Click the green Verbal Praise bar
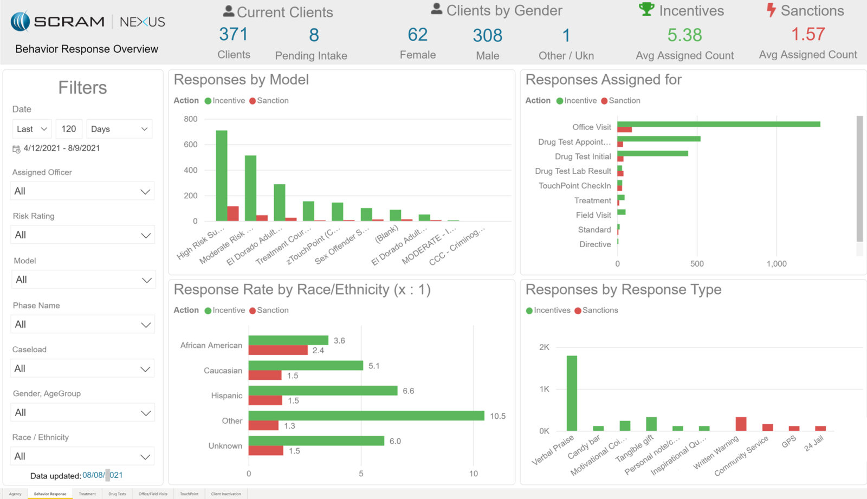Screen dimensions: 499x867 pos(572,393)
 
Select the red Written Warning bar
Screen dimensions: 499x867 pos(741,424)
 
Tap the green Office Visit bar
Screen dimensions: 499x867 pos(718,124)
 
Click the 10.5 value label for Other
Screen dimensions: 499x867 pos(497,416)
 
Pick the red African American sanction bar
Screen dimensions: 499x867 pos(278,350)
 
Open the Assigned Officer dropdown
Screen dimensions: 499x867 pos(82,191)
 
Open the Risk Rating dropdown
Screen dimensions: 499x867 pos(82,235)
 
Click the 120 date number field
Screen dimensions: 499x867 pos(69,129)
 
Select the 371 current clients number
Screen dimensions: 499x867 pos(234,35)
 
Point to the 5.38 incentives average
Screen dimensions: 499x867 pos(684,35)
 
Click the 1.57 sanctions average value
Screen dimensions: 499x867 pos(807,35)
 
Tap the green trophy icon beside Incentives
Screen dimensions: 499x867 pos(646,9)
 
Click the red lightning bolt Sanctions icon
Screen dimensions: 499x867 pos(771,10)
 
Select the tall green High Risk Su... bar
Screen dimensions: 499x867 pos(221,176)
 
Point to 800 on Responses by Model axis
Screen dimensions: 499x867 pos(191,119)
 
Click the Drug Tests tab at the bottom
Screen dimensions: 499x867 pos(117,494)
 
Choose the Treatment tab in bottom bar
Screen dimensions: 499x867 pos(87,494)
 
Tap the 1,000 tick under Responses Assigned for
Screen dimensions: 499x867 pos(776,264)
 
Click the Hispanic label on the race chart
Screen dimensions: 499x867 pos(227,396)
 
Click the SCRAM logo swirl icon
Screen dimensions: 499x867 pos(20,22)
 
